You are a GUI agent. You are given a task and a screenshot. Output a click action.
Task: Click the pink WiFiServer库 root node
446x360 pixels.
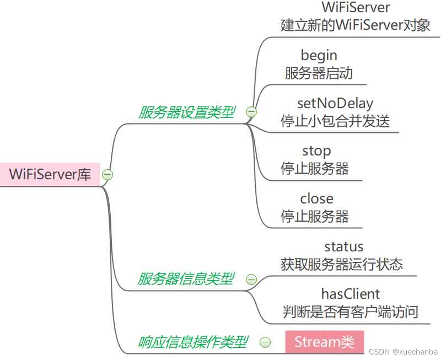50,175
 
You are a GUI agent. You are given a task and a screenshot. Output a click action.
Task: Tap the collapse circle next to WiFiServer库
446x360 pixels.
108,175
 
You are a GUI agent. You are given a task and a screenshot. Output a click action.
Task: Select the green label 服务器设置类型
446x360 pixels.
186,112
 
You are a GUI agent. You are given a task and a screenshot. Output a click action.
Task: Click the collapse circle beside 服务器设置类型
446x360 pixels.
251,112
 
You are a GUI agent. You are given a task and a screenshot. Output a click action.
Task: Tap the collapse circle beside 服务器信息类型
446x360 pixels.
251,280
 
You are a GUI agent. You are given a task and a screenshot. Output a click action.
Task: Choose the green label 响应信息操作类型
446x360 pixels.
192,342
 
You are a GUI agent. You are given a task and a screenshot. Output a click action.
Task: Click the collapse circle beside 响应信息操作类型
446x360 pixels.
265,342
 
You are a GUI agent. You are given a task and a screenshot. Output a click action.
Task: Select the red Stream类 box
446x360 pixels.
325,342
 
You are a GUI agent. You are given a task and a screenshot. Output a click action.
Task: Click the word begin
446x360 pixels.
319,55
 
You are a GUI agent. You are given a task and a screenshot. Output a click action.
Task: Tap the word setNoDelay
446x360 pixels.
335,103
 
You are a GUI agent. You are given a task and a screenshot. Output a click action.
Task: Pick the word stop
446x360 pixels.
316,151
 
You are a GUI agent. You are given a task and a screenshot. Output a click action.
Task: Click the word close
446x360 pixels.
316,198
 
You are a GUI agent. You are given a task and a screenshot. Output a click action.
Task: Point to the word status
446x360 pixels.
343,246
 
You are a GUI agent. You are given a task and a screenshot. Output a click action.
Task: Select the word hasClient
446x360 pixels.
351,294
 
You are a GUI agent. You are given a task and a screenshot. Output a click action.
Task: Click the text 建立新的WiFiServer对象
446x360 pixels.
356,25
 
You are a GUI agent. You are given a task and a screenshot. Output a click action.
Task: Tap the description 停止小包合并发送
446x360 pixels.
335,121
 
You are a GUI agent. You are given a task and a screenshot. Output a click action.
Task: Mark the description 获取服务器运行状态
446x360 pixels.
342,264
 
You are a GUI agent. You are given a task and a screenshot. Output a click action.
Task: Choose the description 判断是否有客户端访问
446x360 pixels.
351,312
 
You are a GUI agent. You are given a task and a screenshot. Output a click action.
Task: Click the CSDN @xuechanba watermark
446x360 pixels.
403,352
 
